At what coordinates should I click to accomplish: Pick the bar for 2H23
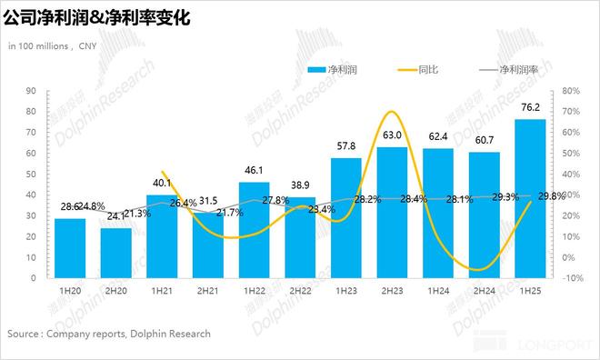tap(392, 212)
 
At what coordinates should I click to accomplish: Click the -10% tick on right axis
tap(573, 278)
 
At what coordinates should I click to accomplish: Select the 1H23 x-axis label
tap(345, 290)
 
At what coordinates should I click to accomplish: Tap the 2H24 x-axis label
tap(484, 290)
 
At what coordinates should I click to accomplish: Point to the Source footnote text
tap(109, 334)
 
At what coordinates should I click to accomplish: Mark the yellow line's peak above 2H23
tap(391, 112)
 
